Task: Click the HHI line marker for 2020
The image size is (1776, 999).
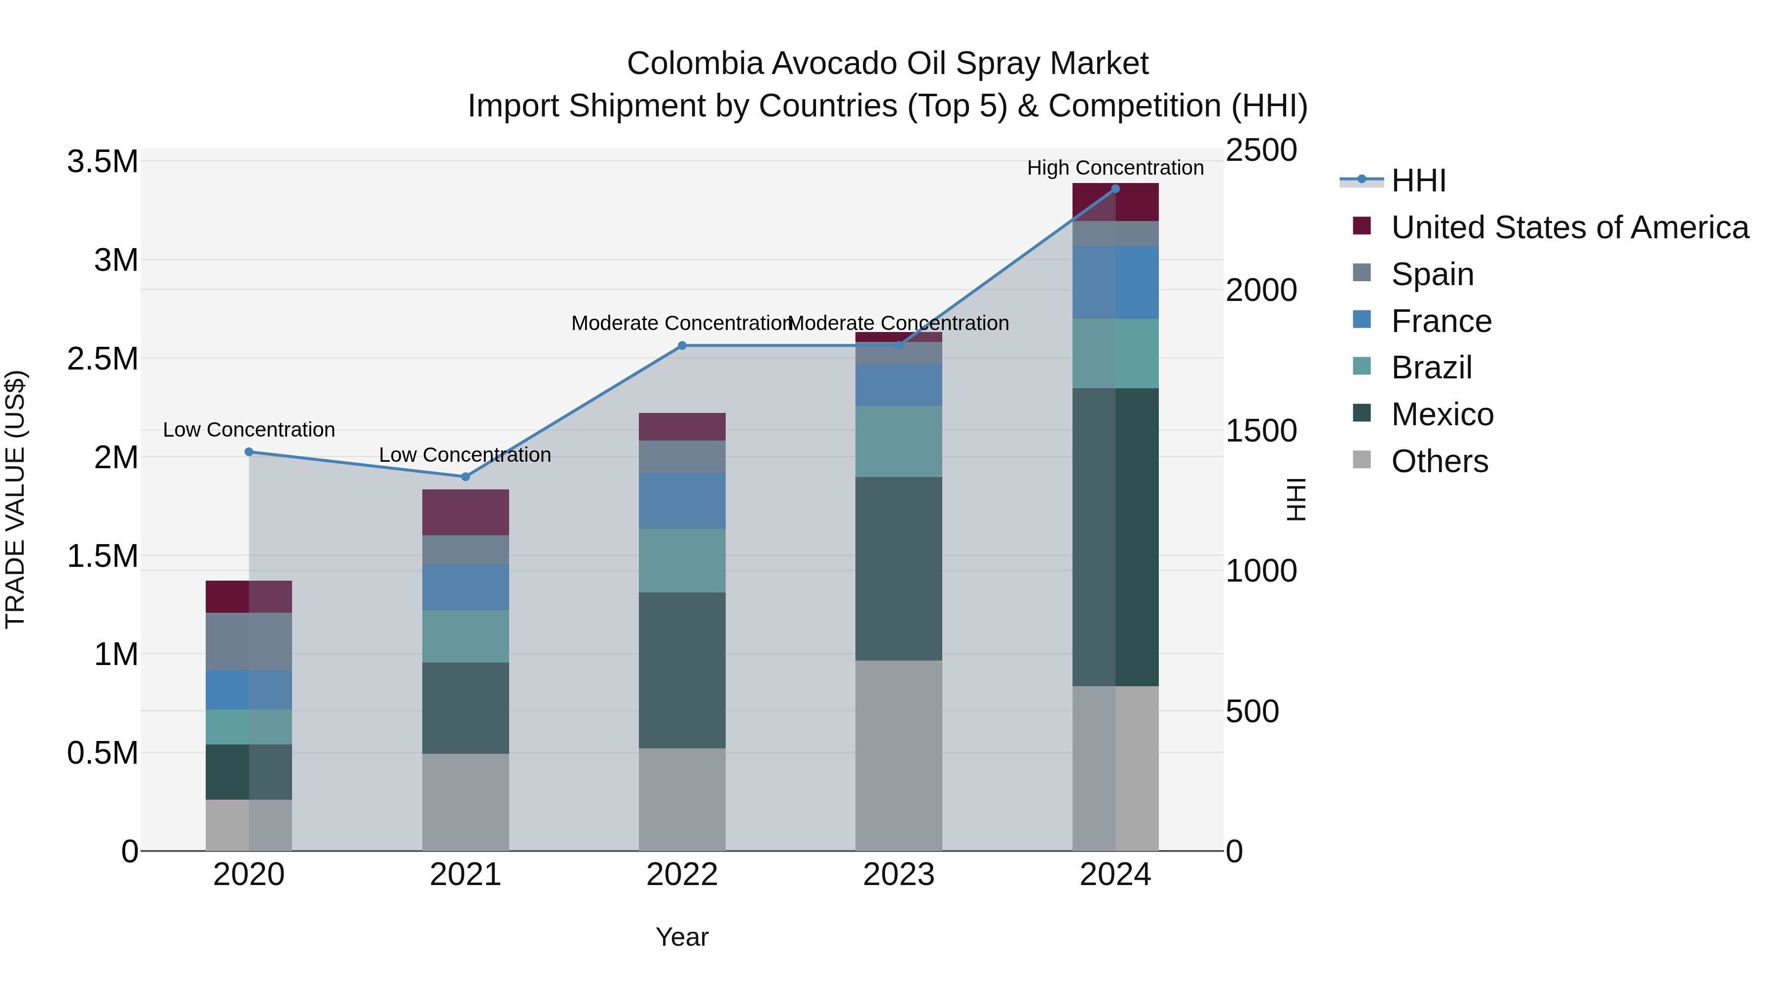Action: [249, 452]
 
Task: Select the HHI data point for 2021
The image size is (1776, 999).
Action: [465, 477]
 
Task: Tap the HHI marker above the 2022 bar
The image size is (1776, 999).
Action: [682, 345]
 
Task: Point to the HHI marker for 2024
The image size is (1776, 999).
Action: [1115, 189]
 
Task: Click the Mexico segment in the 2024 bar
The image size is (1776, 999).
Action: [1115, 537]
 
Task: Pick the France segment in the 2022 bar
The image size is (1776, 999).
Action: [682, 501]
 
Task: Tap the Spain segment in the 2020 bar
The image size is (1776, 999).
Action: [249, 641]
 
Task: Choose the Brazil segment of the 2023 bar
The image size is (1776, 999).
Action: [898, 441]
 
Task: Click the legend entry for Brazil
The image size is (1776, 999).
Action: [1431, 368]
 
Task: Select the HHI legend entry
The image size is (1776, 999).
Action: [1417, 181]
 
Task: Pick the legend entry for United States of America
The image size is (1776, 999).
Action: [1569, 227]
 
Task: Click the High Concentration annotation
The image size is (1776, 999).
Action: [1115, 168]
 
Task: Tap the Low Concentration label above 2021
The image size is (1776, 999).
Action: [465, 455]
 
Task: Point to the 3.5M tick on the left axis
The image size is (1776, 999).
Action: [102, 162]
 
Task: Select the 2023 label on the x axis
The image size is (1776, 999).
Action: [898, 875]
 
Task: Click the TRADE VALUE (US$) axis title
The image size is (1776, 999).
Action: [15, 499]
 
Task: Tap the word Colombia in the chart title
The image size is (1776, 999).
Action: [695, 64]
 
